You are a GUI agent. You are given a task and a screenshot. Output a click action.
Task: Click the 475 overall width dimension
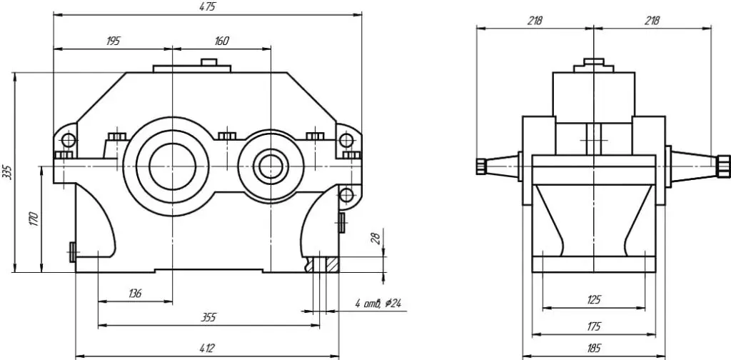tap(208, 7)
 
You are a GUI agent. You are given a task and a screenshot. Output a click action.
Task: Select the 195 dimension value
tap(114, 41)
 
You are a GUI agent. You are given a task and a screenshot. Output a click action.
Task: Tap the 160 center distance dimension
tap(221, 41)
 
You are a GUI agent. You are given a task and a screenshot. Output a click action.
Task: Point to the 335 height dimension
tap(7, 171)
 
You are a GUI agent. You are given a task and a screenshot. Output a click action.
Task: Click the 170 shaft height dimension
tap(34, 219)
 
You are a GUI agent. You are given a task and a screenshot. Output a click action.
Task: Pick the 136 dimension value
tap(135, 294)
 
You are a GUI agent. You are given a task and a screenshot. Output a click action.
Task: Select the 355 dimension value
tap(208, 318)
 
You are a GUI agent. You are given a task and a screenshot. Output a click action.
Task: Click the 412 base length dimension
tap(206, 348)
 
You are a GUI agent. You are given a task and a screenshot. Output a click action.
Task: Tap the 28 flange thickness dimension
tap(376, 239)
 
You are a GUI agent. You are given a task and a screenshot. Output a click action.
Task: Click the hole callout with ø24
tap(378, 304)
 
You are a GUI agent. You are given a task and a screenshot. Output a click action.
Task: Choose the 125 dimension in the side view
tap(594, 299)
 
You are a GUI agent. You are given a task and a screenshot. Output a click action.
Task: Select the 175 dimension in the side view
tap(594, 326)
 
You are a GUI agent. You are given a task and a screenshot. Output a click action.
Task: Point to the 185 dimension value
tap(593, 348)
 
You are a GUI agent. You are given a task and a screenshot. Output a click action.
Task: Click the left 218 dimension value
tap(535, 21)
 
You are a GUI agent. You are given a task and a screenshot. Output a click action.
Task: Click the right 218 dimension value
tap(652, 21)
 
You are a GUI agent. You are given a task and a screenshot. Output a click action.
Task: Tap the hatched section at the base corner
tap(333, 265)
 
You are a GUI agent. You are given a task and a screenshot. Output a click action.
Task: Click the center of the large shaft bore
tap(173, 166)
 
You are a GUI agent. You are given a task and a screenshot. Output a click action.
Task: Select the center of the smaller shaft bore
tap(271, 166)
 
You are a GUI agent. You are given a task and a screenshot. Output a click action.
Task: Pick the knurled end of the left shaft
tap(481, 166)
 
